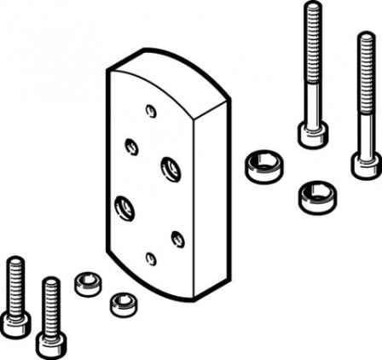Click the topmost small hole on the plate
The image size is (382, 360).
pos(151,111)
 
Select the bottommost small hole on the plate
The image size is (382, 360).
pos(151,258)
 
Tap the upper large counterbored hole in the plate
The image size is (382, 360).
pos(170,168)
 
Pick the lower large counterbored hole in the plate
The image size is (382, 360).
pos(124,206)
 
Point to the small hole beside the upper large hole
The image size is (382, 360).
pos(132,146)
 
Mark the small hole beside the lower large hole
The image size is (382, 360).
pos(177,239)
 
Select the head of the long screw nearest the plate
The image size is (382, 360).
pos(312,134)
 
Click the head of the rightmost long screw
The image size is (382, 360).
pos(364,162)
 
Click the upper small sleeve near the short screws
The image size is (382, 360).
pos(87,282)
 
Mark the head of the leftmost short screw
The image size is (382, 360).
pos(15,322)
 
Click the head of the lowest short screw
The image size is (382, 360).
pos(50,342)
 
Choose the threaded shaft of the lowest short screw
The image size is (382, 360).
pos(50,303)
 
